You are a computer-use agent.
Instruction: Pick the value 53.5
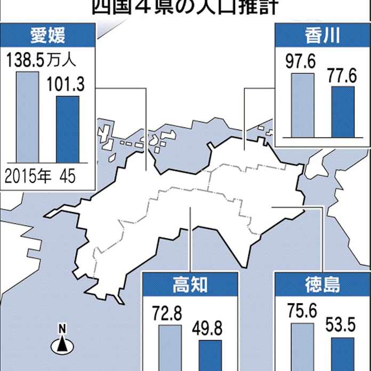pyautogui.click(x=342, y=326)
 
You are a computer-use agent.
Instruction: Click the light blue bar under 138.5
pyautogui.click(x=27, y=117)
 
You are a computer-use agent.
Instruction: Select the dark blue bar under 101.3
pyautogui.click(x=68, y=129)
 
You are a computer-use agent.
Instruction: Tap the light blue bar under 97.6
pyautogui.click(x=302, y=106)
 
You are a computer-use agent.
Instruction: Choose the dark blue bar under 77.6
pyautogui.click(x=342, y=111)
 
